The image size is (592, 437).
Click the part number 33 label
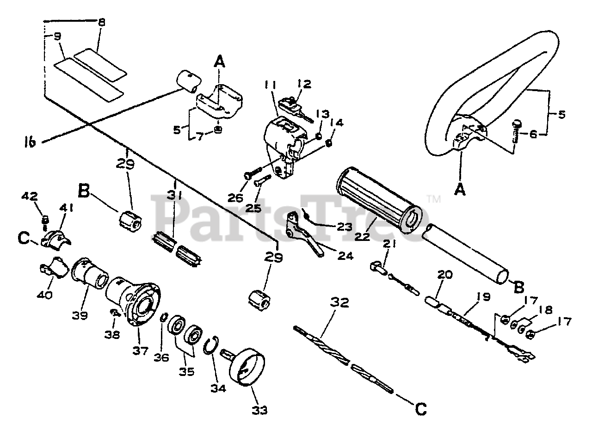[x=259, y=410]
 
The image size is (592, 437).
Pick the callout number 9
[x=58, y=37]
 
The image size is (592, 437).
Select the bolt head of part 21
[x=377, y=267]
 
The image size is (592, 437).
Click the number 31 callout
[x=174, y=197]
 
